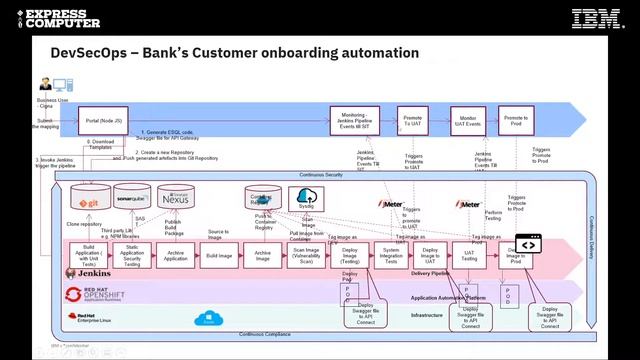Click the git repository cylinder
pos(91,197)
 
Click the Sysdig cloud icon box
pos(306,198)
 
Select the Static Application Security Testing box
pos(131,254)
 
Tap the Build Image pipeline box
pos(219,254)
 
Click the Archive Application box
pos(175,254)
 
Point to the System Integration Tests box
pos(391,254)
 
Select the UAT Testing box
pos(467,254)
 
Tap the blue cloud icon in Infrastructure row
pos(209,319)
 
